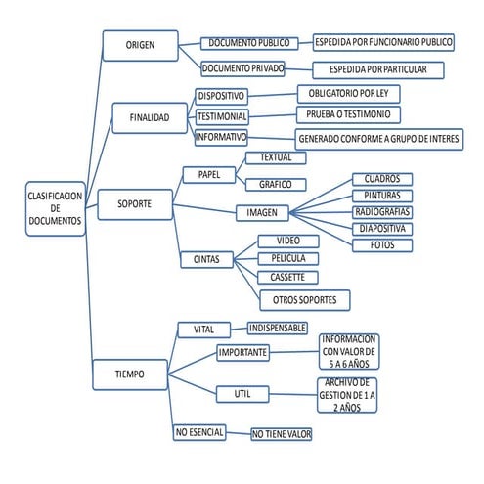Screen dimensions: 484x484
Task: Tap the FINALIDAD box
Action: tap(150, 117)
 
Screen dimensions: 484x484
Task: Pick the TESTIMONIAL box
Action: tap(222, 116)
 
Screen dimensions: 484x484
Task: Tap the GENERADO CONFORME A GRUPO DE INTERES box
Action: tap(378, 139)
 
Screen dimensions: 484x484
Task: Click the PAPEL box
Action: tap(208, 175)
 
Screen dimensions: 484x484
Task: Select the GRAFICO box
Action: tap(276, 184)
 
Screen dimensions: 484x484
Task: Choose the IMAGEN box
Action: tap(261, 212)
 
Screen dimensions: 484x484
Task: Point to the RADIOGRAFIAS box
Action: tap(381, 211)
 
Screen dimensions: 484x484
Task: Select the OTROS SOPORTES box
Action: tap(304, 298)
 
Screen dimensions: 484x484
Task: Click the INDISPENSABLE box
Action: tap(278, 328)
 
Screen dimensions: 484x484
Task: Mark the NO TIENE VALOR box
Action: tap(281, 433)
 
